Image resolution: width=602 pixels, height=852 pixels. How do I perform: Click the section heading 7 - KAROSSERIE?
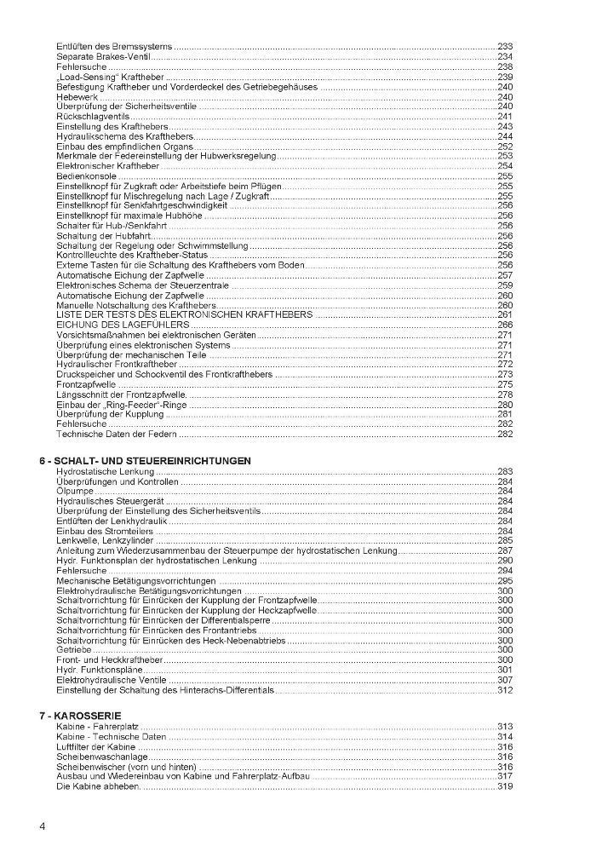tap(80, 715)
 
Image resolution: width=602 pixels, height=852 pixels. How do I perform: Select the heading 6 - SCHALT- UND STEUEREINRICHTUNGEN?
tap(145, 460)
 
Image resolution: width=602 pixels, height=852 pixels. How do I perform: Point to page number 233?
tap(505, 45)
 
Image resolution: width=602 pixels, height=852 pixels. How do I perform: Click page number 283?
tap(505, 471)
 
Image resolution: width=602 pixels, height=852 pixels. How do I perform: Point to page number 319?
tap(505, 786)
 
